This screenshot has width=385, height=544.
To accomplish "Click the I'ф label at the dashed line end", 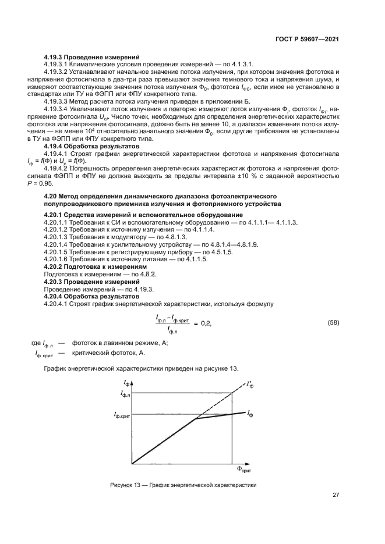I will pos(251,385).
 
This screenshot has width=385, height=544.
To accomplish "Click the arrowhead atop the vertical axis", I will pos(132,382).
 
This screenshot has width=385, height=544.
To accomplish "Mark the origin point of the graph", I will pos(132,464).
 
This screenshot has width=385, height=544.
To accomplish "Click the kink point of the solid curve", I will pos(195,419).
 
